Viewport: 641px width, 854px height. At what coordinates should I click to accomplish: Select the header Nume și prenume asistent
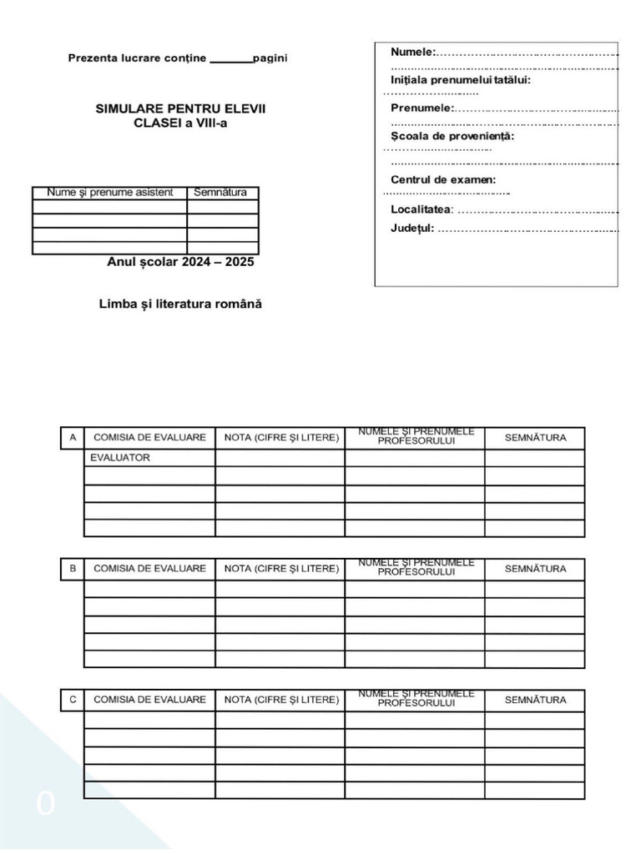(x=109, y=193)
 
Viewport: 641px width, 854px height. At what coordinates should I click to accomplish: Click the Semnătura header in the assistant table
(x=220, y=193)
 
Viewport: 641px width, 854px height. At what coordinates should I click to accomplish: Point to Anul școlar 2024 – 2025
(x=180, y=262)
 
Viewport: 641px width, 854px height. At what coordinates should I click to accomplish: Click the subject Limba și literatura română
(x=180, y=304)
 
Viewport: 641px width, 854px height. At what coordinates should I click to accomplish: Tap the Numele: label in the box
(x=413, y=53)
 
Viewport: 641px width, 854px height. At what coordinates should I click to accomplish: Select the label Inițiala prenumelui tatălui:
(x=460, y=80)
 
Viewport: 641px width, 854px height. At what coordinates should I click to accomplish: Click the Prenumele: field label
(x=422, y=108)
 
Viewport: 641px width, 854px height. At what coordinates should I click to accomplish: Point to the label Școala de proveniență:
(x=452, y=136)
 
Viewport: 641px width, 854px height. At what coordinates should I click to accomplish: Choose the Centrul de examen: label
(x=443, y=179)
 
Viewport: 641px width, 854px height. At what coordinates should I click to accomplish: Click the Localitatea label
(x=421, y=208)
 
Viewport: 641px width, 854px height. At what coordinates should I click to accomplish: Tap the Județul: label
(x=412, y=229)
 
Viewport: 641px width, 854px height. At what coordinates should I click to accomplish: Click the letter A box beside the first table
(x=73, y=438)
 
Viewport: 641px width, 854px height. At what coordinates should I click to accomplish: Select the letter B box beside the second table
(x=73, y=569)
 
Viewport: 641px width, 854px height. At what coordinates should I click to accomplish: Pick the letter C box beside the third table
(x=73, y=700)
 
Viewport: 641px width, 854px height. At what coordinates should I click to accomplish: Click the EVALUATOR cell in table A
(x=122, y=458)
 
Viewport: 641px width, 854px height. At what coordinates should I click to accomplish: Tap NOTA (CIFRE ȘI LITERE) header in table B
(x=281, y=569)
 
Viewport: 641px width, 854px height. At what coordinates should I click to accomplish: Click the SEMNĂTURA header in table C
(x=535, y=700)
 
